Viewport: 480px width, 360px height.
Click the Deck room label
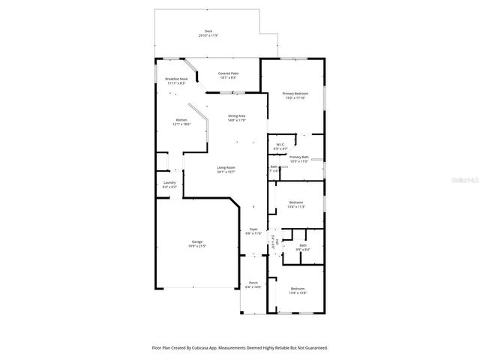click(208, 31)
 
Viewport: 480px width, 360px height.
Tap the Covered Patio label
click(227, 73)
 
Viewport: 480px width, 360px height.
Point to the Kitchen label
click(181, 121)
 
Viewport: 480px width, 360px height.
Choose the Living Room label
click(226, 167)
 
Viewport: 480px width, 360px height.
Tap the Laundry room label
click(169, 182)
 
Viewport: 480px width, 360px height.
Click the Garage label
click(196, 241)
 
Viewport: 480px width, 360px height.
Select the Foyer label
click(253, 229)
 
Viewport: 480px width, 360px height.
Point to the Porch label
click(253, 283)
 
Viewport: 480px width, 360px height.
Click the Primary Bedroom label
click(295, 93)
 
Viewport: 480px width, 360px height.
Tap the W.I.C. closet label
click(280, 145)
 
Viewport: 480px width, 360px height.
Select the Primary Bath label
click(299, 157)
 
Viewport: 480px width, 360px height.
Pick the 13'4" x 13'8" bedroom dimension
click(298, 292)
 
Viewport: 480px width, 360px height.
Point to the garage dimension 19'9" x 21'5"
click(196, 246)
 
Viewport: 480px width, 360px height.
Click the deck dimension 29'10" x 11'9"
click(208, 35)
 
